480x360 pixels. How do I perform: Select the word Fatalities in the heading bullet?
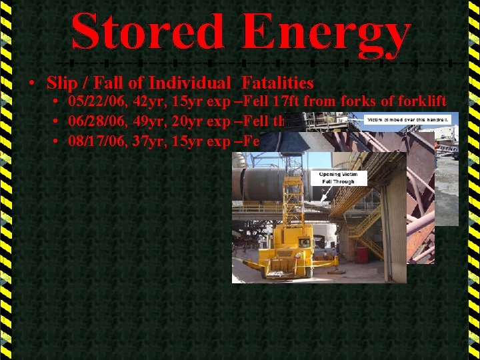click(x=278, y=83)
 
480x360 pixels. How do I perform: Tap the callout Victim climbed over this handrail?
click(x=408, y=120)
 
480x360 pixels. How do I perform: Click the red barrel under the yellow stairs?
click(x=362, y=254)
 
